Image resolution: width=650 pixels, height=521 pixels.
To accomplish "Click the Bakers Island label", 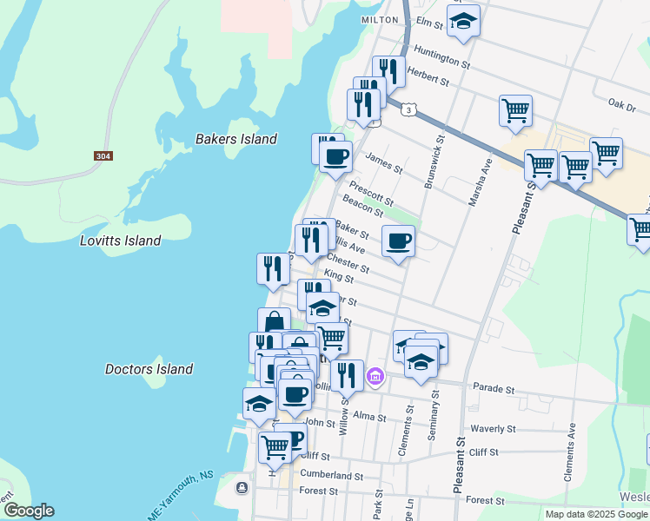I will pyautogui.click(x=235, y=139).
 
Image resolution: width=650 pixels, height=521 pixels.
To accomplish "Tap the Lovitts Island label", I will pyautogui.click(x=120, y=241).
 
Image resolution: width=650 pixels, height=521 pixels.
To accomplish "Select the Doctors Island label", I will pyautogui.click(x=149, y=369).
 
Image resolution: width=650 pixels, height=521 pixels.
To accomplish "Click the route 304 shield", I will pyautogui.click(x=103, y=156).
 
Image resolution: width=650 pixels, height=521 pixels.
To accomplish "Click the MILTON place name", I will pyautogui.click(x=379, y=19).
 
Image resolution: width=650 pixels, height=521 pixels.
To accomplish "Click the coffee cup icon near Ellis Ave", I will pyautogui.click(x=398, y=241).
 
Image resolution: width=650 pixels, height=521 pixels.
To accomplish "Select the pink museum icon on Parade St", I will pyautogui.click(x=375, y=376).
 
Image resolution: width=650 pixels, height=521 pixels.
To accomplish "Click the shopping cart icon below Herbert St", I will pyautogui.click(x=515, y=110).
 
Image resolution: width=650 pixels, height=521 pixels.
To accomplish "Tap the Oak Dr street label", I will pyautogui.click(x=622, y=105).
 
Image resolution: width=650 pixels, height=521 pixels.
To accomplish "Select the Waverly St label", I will pyautogui.click(x=492, y=429).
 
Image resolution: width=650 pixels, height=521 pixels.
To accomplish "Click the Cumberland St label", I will pyautogui.click(x=331, y=476).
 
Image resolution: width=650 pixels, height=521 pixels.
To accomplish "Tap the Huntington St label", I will pyautogui.click(x=442, y=58).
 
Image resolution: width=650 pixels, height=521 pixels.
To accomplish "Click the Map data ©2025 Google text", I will pyautogui.click(x=596, y=514).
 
